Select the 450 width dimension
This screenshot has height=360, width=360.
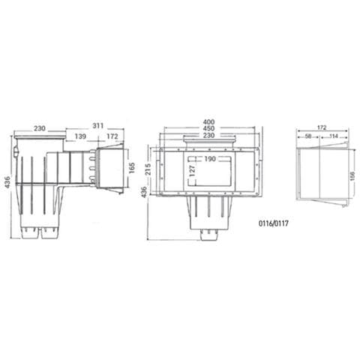click(209, 129)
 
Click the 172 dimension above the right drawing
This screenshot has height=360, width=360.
click(320, 127)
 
